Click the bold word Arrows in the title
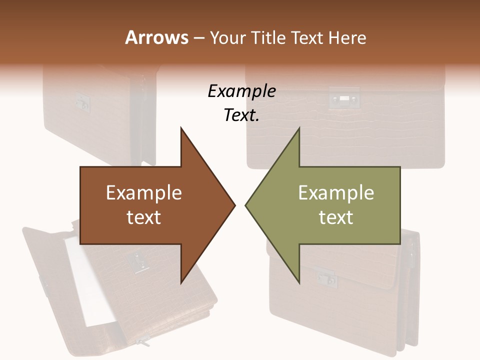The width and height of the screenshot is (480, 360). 156,37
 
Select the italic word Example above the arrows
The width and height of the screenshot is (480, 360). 241,91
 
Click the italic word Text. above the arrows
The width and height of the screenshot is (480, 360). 241,115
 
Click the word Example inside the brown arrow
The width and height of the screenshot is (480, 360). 144,192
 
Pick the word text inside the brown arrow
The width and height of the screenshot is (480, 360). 144,217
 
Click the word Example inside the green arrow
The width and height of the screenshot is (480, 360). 336,192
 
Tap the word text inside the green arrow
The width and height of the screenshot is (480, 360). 336,217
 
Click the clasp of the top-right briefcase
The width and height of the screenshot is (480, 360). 344,98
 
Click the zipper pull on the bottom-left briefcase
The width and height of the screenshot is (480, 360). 143,343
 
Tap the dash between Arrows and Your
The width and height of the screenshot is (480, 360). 198,38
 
